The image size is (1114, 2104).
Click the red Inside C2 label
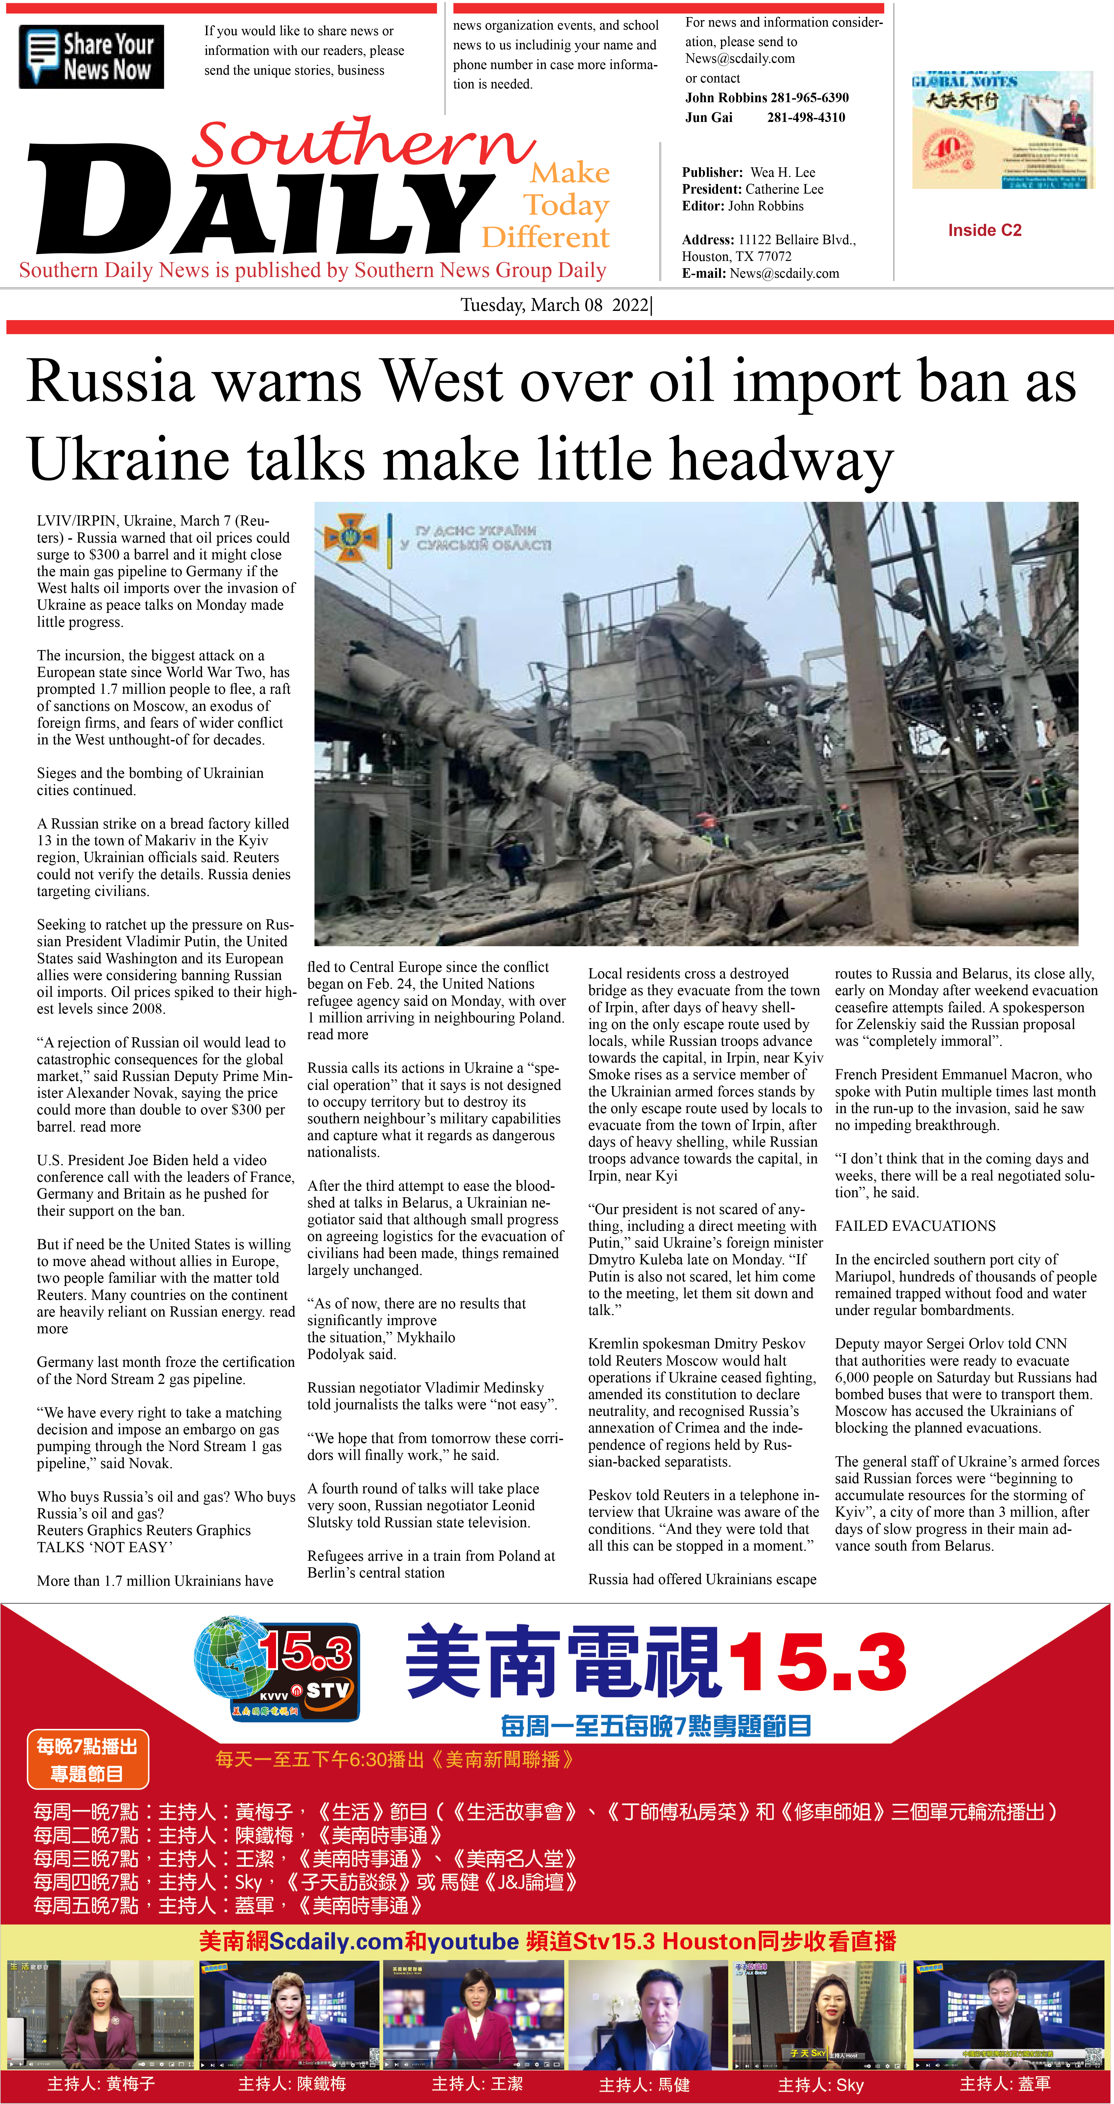point(984,230)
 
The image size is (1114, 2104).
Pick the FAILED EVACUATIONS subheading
point(915,1226)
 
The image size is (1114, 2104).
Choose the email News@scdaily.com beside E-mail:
point(784,274)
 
